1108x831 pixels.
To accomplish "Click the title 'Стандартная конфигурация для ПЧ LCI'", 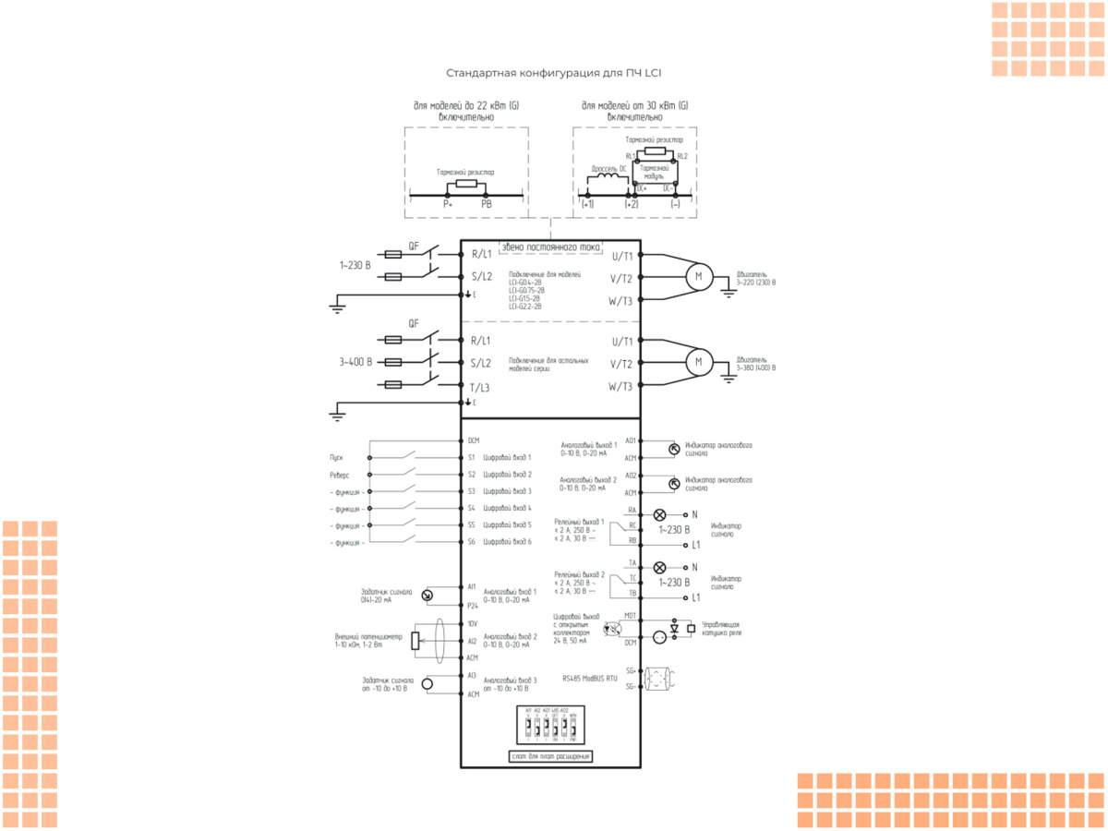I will (554, 73).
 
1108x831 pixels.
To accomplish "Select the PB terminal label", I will (487, 203).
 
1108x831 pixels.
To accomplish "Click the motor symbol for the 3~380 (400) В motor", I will (698, 362).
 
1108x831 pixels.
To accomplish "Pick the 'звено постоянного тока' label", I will (550, 247).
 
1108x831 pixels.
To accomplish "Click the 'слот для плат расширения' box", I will (550, 756).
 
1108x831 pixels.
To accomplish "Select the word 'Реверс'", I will (339, 474).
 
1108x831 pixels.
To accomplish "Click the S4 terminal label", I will (471, 508).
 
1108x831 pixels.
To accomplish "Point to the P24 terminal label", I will (472, 606).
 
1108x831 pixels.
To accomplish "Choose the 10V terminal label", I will (472, 623).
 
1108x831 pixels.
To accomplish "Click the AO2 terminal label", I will (631, 476).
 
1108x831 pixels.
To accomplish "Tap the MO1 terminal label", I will (631, 615).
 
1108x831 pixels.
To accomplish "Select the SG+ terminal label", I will (631, 670).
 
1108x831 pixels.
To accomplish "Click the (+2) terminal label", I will (632, 203).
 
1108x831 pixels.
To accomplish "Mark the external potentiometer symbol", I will (415, 640).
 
